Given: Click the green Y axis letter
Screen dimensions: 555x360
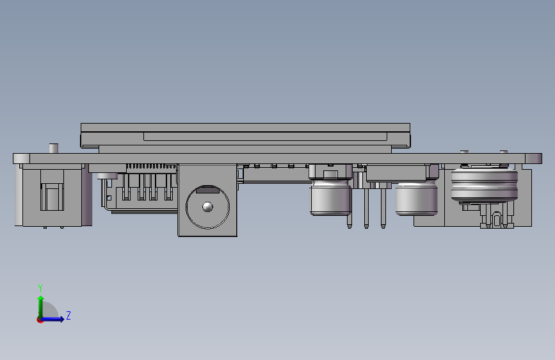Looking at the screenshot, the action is [x=40, y=288].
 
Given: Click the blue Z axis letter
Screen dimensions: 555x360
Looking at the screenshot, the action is [x=68, y=315].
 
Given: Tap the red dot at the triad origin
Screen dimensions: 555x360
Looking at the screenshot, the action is [x=40, y=320].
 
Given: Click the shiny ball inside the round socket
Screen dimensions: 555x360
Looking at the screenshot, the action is [x=207, y=207].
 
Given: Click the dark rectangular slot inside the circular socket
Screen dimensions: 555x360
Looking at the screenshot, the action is [x=208, y=190].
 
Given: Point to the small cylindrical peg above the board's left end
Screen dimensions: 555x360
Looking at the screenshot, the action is [x=53, y=149].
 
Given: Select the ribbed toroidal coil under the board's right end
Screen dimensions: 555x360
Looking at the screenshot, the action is [x=484, y=185].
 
